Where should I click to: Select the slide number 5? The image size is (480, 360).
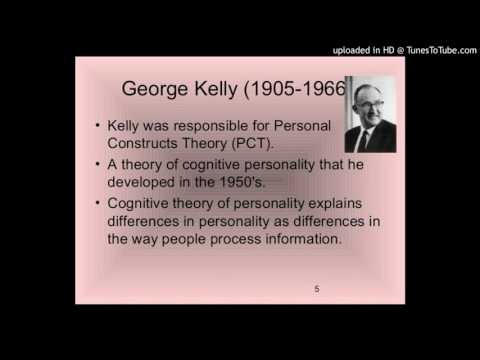click(x=317, y=290)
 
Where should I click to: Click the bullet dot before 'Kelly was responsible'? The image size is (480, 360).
click(x=95, y=128)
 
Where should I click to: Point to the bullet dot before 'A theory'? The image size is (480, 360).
click(x=95, y=165)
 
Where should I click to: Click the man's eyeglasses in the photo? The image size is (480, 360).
click(x=370, y=106)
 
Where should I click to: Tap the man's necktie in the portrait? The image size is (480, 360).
click(x=371, y=140)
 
